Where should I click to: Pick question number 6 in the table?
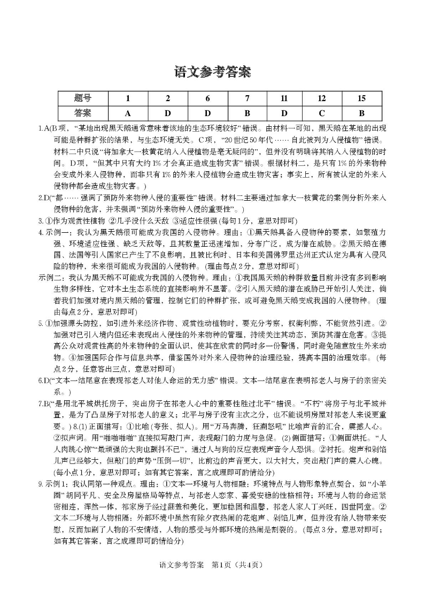[207, 98]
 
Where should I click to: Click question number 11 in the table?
[284, 98]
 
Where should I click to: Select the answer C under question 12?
[322, 113]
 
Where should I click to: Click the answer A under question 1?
[128, 113]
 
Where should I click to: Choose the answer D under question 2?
[167, 113]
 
